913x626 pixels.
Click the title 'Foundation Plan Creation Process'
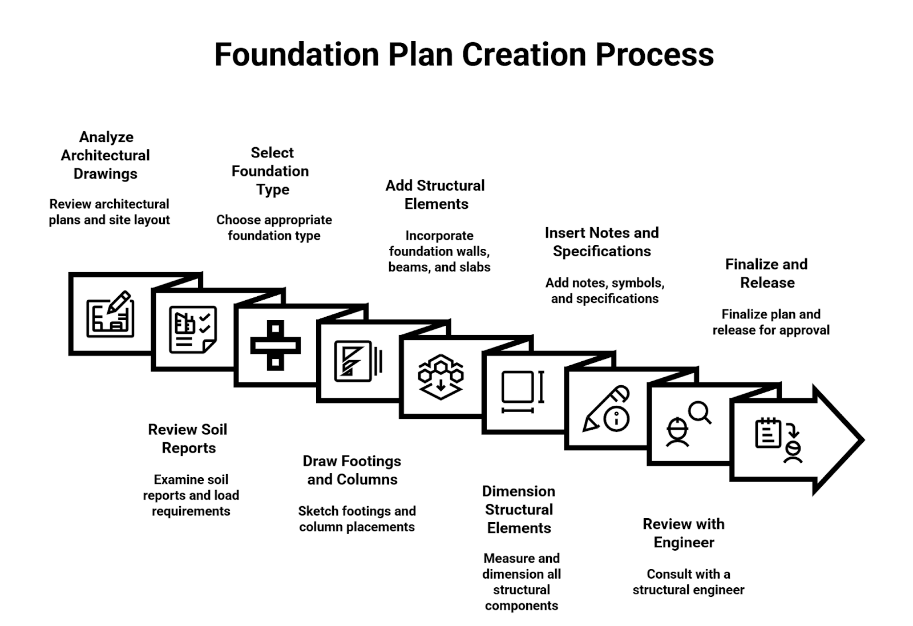coord(464,55)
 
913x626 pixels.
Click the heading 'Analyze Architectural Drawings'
coord(106,155)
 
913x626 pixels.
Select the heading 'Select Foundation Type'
coord(271,171)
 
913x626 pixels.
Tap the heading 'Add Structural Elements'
coord(435,195)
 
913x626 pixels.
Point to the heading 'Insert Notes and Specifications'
coord(601,242)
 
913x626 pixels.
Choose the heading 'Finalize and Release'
coord(766,273)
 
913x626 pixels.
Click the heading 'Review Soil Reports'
coord(188,438)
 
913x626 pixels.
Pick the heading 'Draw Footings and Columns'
coord(352,470)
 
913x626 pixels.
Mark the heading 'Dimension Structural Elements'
coord(519,509)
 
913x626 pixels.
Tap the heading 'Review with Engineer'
coord(684,533)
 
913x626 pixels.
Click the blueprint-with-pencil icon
coord(110,314)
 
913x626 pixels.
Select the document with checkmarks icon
coord(192,329)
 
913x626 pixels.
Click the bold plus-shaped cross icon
coord(276,345)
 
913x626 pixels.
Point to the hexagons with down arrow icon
coord(441,377)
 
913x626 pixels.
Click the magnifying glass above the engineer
coord(699,412)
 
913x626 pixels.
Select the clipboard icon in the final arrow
coord(767,433)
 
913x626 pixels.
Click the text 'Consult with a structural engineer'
coord(688,581)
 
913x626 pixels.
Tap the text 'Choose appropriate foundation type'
coord(274,228)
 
